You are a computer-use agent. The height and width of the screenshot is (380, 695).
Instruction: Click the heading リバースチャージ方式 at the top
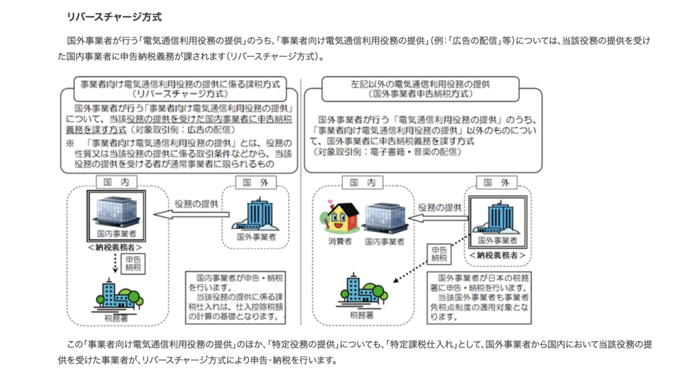(x=114, y=17)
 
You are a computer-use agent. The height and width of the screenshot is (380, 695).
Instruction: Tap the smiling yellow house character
(x=339, y=216)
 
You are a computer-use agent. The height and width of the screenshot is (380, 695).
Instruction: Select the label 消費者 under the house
(x=340, y=242)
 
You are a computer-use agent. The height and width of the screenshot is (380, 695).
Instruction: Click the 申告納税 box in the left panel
(x=133, y=263)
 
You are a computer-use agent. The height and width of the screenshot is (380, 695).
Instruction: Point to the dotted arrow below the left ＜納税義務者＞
(x=115, y=263)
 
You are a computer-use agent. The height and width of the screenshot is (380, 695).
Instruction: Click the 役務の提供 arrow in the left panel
(x=191, y=215)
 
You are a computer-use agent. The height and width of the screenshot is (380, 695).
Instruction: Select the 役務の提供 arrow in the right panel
(x=438, y=218)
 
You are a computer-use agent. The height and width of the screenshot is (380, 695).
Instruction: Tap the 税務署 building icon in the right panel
(x=362, y=291)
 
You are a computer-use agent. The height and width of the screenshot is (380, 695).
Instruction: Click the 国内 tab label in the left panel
(x=117, y=182)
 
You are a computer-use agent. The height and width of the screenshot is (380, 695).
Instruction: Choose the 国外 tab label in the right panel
(x=496, y=183)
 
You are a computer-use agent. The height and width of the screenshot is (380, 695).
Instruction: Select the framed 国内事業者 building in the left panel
(x=116, y=216)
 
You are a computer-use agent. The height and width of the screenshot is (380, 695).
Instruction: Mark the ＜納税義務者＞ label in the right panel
(x=497, y=256)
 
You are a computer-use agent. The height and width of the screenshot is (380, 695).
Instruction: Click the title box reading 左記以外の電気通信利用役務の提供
(x=420, y=89)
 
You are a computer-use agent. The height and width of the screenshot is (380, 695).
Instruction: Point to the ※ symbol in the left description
(x=70, y=143)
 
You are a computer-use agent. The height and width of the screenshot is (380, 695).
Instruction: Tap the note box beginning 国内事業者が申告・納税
(x=236, y=298)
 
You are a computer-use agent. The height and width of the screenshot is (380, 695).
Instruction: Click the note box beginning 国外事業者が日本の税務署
(x=479, y=298)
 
